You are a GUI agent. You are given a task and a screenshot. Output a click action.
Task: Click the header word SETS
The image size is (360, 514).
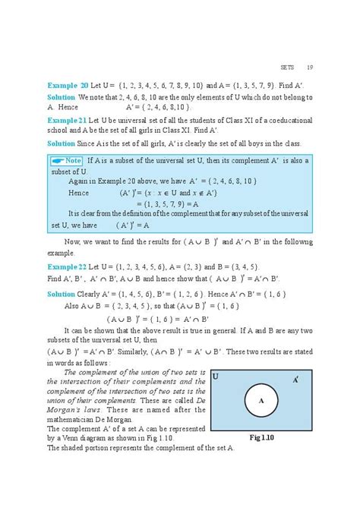287,66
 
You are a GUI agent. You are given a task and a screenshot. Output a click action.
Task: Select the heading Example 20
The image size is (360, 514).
68,86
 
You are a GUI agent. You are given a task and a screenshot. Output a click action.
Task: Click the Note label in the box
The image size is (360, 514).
68,161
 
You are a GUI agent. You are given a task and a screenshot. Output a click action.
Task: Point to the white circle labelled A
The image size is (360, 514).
261,401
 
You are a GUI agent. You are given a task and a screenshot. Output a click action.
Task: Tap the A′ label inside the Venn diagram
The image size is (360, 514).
295,378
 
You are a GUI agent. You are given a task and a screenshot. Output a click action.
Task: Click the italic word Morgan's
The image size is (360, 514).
64,410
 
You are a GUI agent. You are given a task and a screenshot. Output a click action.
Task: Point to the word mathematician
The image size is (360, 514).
73,419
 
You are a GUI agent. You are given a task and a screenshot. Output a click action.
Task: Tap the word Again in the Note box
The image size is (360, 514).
78,181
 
